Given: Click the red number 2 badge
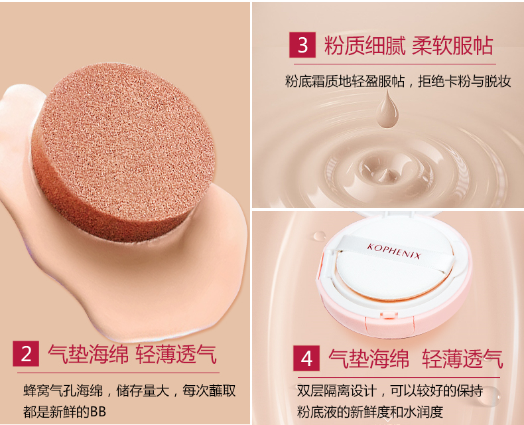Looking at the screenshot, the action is [x=26, y=353].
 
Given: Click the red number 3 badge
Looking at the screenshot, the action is [x=302, y=45].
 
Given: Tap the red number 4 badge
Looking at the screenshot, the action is [x=306, y=359].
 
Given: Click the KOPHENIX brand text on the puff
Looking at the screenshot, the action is [x=394, y=251].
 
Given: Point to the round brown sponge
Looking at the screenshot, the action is [x=123, y=151].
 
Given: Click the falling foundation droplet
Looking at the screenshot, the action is [x=387, y=110].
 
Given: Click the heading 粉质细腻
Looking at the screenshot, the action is [x=365, y=45].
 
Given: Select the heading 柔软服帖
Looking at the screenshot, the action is [x=452, y=45].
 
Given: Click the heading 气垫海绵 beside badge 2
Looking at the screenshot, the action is [x=88, y=354].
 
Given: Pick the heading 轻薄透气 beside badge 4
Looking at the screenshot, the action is [x=462, y=359].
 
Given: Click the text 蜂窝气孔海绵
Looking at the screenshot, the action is [x=63, y=391].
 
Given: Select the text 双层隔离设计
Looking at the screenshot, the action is [x=336, y=390].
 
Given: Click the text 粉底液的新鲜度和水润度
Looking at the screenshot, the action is [x=370, y=412].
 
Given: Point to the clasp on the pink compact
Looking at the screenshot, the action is [x=389, y=314].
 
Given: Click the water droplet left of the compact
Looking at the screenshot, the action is [x=320, y=236].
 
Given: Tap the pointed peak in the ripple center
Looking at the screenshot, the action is [x=386, y=173].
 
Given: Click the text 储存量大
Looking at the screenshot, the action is [x=143, y=391].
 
